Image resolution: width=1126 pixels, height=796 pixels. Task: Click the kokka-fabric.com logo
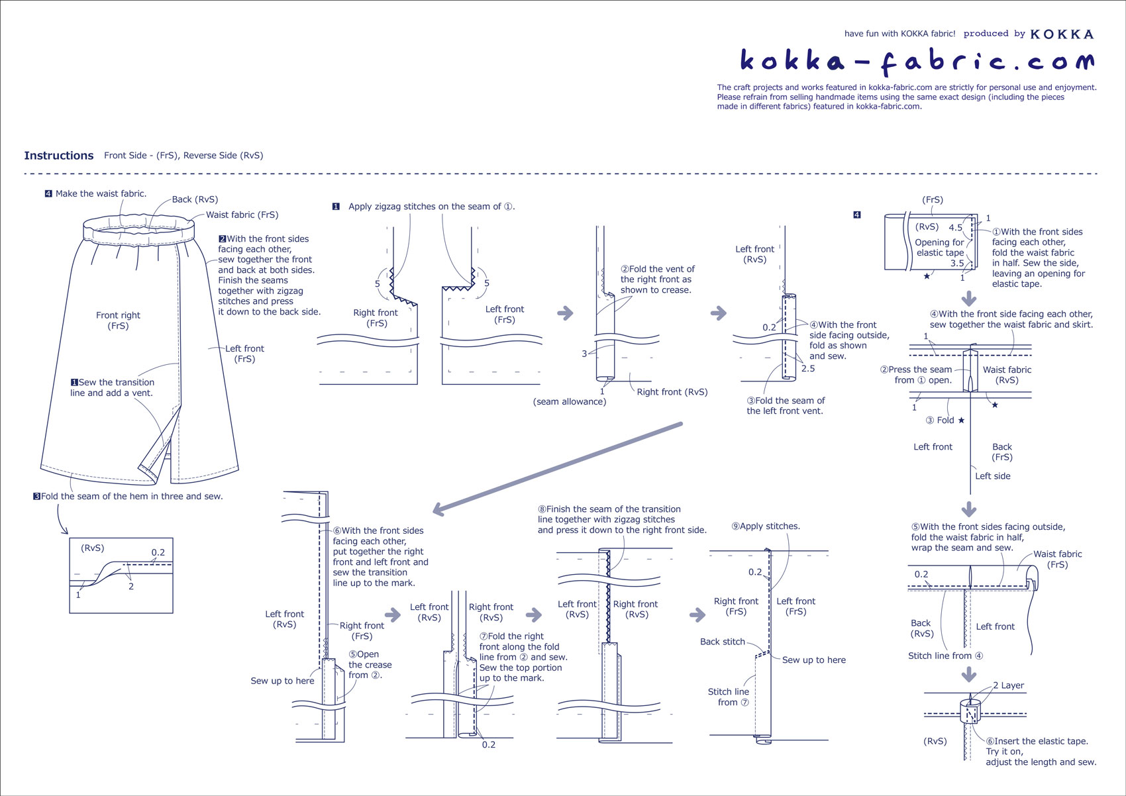[x=917, y=61]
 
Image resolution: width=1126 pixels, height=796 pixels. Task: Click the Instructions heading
[x=59, y=156]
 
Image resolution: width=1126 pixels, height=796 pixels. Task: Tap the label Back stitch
[x=722, y=642]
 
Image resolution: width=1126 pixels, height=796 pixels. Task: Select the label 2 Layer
[x=1008, y=685]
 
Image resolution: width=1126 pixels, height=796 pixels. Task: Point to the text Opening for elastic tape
[x=939, y=247]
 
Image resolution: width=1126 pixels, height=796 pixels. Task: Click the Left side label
[x=992, y=476]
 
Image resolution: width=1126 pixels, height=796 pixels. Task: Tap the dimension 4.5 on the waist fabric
[x=955, y=228]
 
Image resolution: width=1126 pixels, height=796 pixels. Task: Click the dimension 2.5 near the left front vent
[x=808, y=369]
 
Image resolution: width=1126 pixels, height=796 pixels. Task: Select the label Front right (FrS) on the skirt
[x=118, y=321]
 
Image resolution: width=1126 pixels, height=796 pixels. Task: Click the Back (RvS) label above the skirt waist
[x=195, y=199]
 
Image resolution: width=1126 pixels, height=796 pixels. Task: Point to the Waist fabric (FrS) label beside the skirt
[x=242, y=215]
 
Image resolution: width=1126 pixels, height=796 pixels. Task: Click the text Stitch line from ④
[x=945, y=656]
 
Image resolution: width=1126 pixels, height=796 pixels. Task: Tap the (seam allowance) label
[x=570, y=401]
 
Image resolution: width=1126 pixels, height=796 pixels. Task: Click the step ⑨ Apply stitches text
[x=766, y=526]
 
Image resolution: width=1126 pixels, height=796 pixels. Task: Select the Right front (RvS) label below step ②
[x=672, y=392]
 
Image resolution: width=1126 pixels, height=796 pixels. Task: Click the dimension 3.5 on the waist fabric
[x=957, y=264]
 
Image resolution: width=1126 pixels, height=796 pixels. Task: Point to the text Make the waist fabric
[x=101, y=194]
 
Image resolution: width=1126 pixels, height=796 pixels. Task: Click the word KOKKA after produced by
[x=1062, y=34]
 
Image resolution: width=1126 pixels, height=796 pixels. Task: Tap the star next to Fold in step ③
[x=961, y=421]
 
